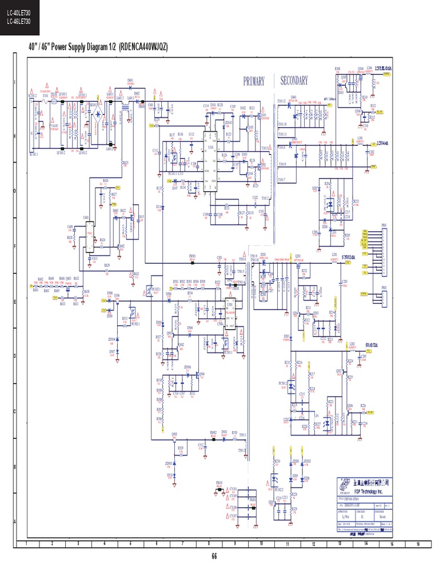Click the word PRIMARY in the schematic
tap(254, 81)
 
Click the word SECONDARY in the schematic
tap(294, 81)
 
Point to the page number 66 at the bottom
tap(214, 556)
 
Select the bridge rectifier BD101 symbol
tap(103, 115)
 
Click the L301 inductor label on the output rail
tap(360, 138)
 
